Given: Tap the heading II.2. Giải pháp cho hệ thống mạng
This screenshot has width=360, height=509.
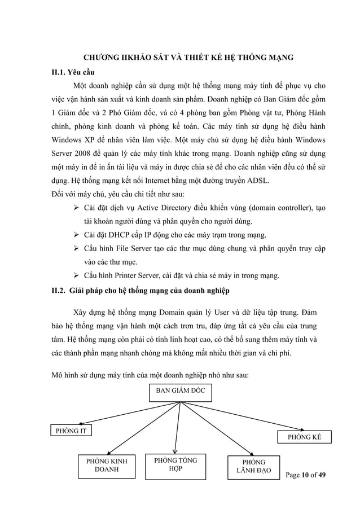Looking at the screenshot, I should (x=139, y=291).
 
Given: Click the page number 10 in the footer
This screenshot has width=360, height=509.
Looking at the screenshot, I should (x=307, y=475).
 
